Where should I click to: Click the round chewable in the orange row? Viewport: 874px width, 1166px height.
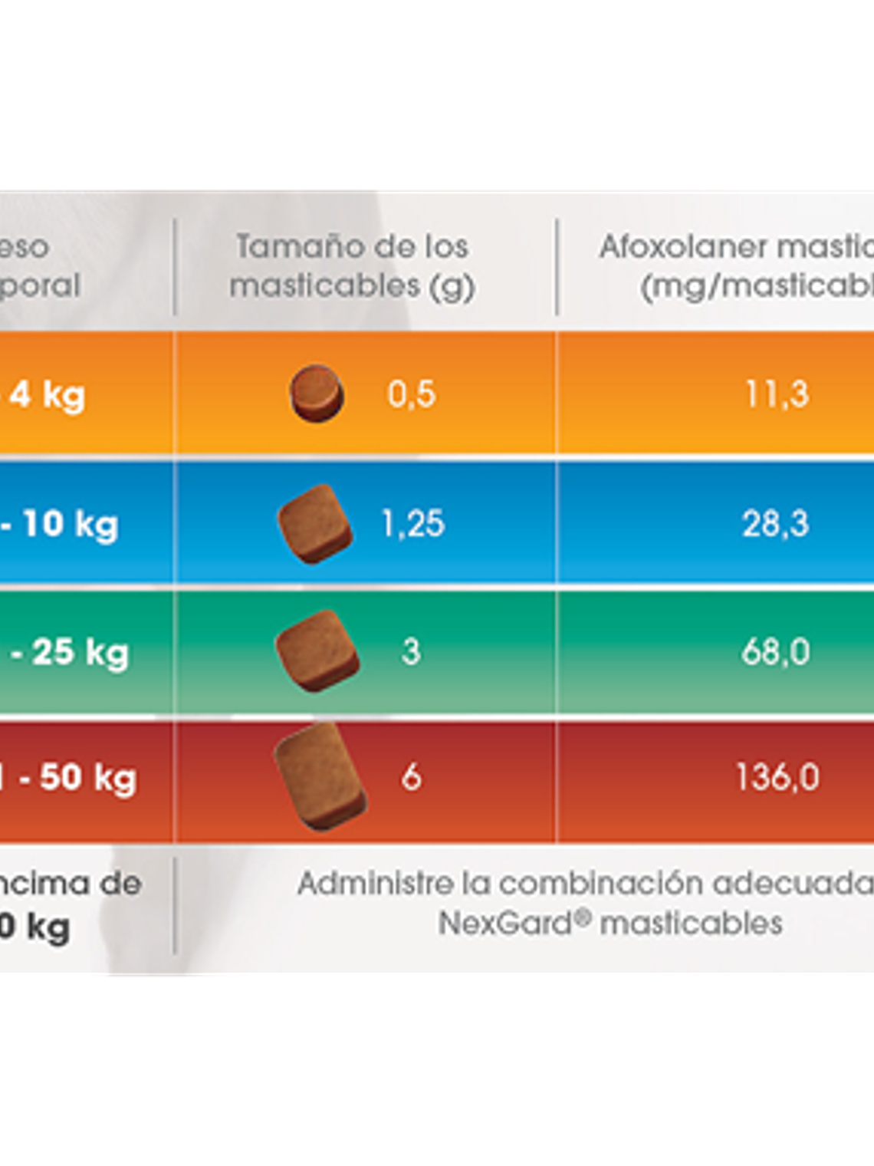click(316, 394)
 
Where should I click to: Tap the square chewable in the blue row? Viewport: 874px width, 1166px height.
click(314, 524)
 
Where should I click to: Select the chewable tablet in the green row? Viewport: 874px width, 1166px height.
click(317, 651)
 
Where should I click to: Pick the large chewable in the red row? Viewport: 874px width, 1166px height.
click(320, 777)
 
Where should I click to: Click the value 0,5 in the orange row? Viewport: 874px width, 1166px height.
click(412, 394)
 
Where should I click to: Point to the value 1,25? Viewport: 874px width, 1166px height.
click(412, 524)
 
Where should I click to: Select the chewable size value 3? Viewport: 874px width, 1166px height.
click(411, 652)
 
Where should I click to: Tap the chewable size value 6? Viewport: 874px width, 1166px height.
click(411, 777)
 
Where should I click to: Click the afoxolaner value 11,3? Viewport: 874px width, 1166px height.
click(777, 394)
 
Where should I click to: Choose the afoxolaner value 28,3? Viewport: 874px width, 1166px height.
click(775, 524)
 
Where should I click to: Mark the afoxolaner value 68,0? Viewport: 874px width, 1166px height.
click(775, 652)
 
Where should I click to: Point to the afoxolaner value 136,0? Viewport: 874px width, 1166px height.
click(777, 777)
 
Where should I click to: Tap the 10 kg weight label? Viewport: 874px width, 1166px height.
click(69, 525)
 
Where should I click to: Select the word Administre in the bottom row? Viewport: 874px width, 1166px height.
click(375, 884)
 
